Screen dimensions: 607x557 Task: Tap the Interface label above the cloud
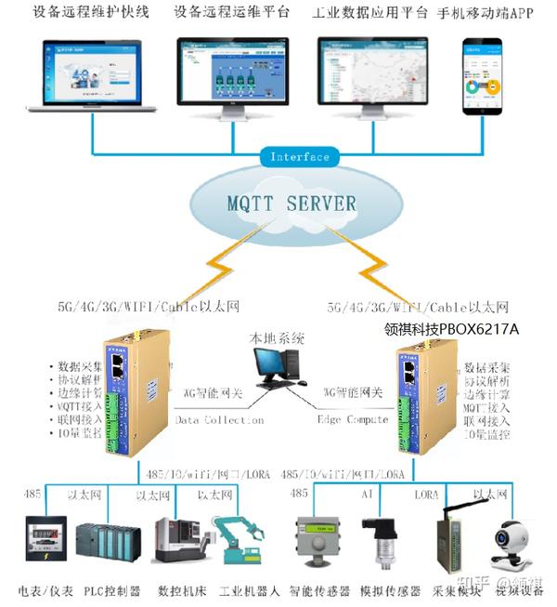coord(299,156)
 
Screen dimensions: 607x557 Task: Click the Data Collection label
coord(220,420)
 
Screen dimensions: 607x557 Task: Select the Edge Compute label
coord(354,420)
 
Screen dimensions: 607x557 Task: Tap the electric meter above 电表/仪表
coord(43,542)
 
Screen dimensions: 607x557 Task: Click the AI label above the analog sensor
coord(367,493)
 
